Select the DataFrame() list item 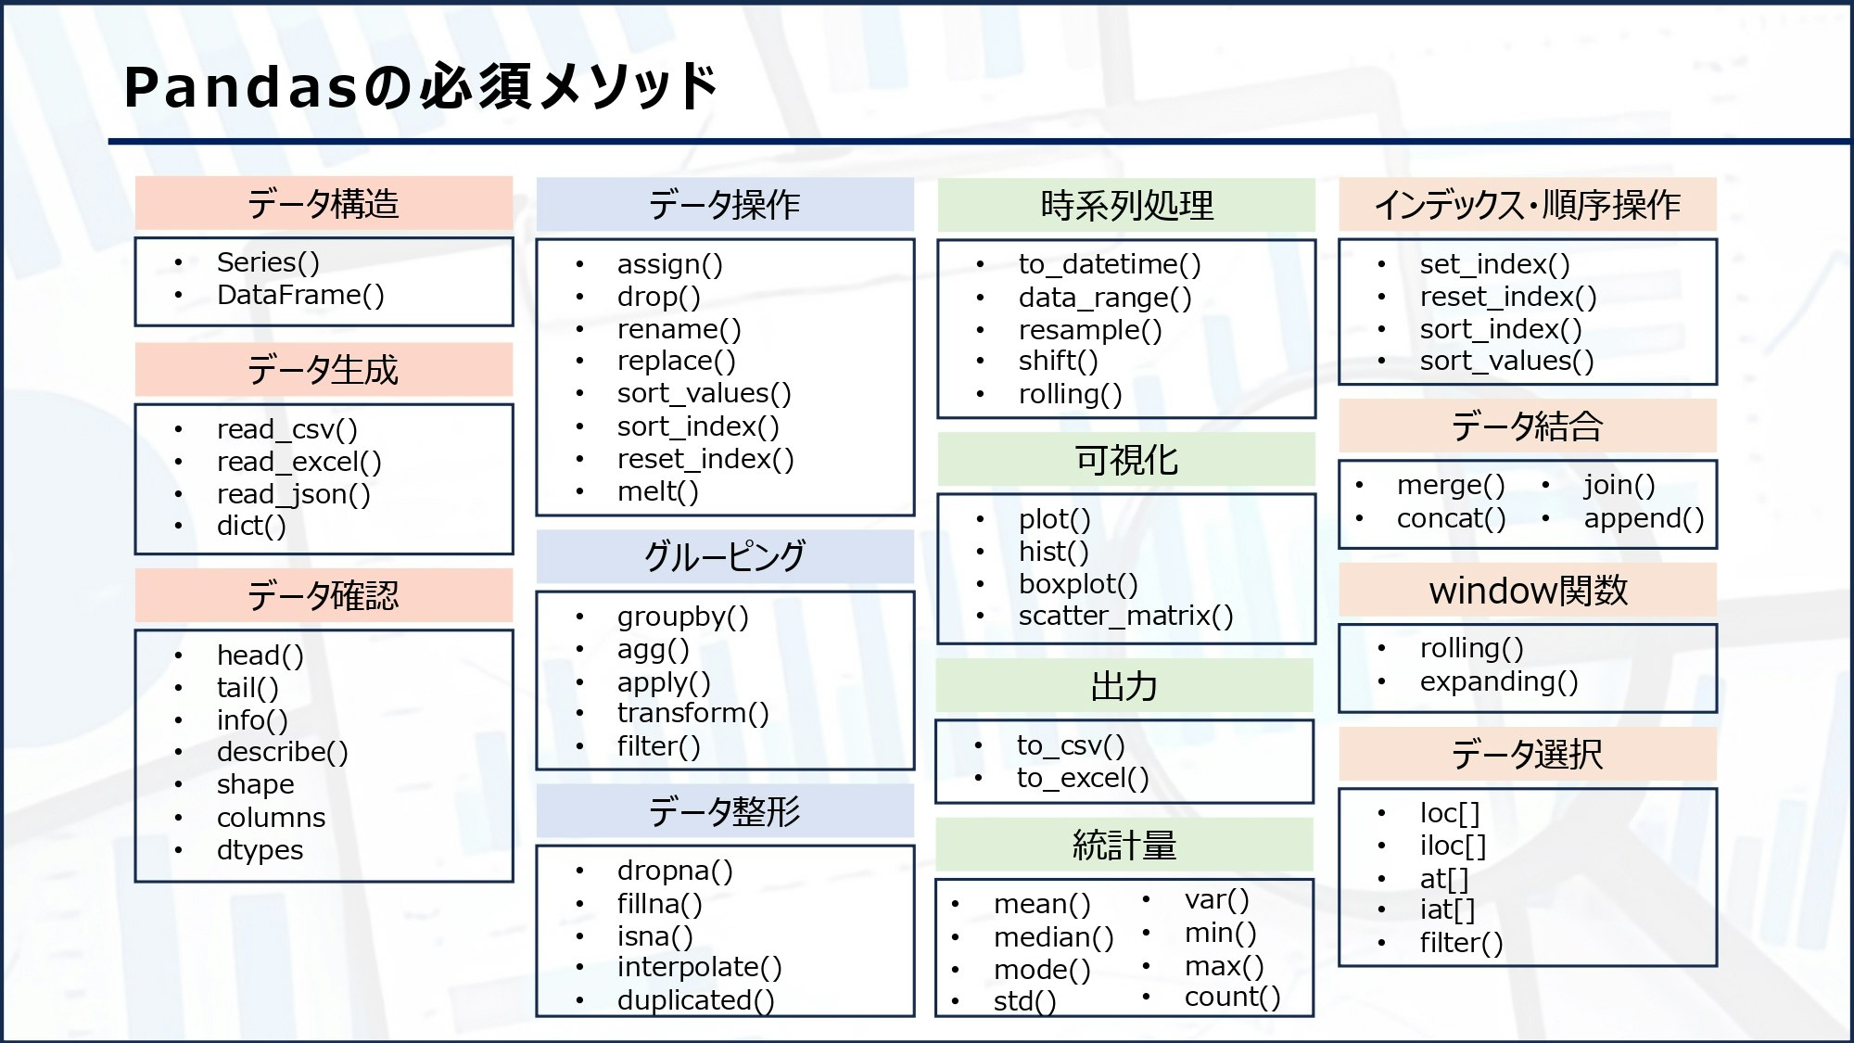point(300,295)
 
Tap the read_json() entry point(293,494)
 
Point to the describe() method point(282,752)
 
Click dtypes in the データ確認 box point(260,850)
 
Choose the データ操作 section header point(724,204)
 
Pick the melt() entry point(657,491)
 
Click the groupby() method point(682,617)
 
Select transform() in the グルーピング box point(692,713)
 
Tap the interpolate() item point(699,967)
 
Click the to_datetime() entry point(1109,264)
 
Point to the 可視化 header point(1125,460)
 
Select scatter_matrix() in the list point(1125,616)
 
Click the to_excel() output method point(1082,778)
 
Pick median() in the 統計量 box point(1053,937)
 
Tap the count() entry point(1232,997)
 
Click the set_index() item point(1494,264)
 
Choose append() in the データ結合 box point(1644,518)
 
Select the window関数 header point(1528,591)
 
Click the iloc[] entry point(1452,846)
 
